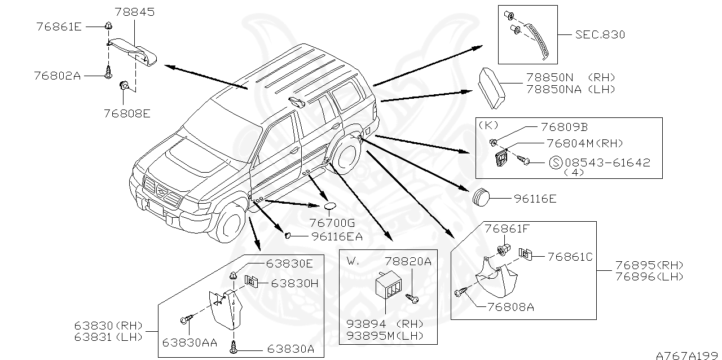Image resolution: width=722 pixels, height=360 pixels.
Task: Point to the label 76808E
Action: (127, 113)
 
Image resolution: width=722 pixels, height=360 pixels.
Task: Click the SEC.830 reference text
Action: (600, 35)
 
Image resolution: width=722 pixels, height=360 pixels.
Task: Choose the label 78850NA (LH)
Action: (570, 89)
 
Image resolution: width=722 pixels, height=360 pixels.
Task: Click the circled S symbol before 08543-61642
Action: (555, 163)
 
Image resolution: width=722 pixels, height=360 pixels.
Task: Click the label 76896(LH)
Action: (649, 276)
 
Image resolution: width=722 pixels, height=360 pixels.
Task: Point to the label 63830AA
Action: (188, 342)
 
